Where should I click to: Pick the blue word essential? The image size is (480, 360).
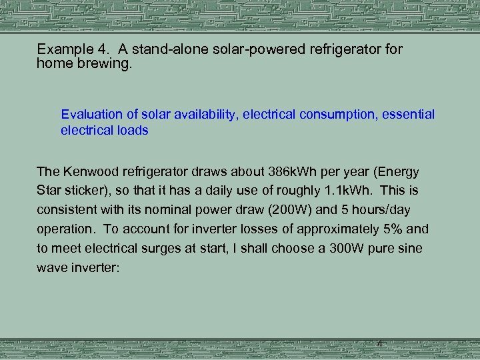click(x=410, y=115)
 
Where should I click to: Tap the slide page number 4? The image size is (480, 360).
click(x=379, y=344)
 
